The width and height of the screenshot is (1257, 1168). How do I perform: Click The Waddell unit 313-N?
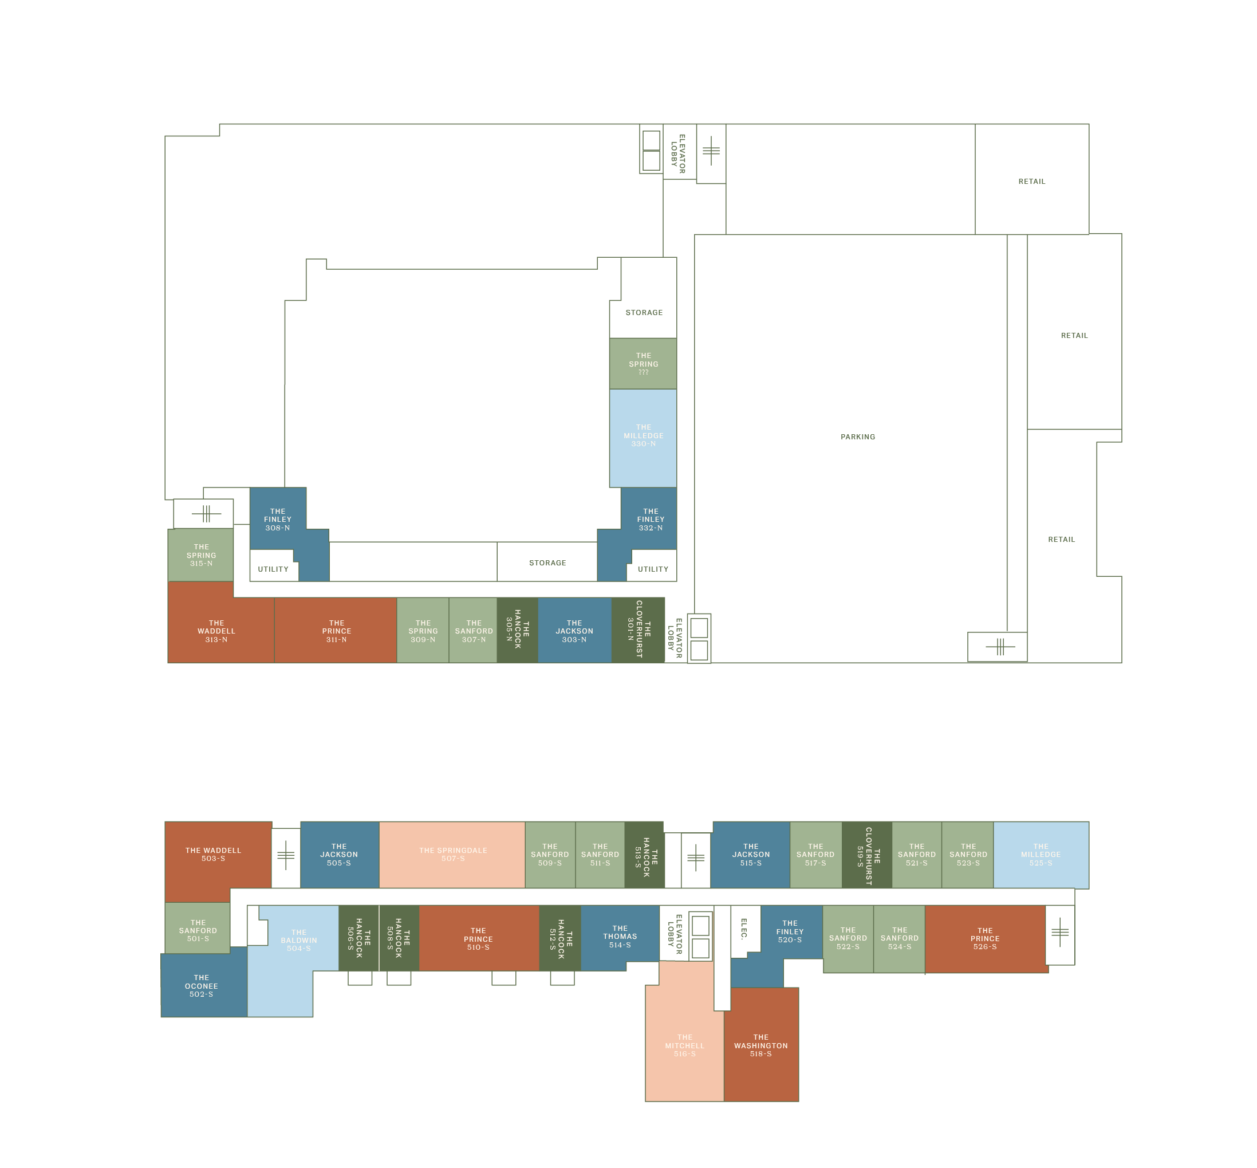point(216,631)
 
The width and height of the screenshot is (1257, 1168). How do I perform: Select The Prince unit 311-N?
point(336,631)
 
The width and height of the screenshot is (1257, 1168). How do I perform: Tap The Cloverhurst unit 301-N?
point(638,630)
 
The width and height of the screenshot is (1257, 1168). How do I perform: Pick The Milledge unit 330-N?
point(643,436)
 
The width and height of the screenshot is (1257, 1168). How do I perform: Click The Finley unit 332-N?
point(651,520)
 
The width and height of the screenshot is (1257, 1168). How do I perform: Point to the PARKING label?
point(858,436)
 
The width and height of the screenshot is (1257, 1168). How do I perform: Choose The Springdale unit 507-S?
point(452,855)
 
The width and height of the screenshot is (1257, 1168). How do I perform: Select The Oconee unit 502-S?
point(201,986)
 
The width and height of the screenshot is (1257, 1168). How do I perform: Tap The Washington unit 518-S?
point(760,1045)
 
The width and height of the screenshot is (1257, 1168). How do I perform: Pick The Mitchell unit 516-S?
point(684,1045)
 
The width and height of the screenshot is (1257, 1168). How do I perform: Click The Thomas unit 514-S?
point(619,937)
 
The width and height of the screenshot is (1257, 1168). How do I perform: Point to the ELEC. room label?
point(744,929)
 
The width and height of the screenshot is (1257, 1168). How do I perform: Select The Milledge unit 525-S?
point(1040,855)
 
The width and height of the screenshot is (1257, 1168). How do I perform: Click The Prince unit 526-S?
point(984,938)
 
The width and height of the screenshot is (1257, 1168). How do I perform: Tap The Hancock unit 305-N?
point(517,630)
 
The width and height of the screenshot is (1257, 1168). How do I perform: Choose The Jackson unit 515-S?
point(751,855)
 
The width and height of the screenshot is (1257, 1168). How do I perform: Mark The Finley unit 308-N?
point(277,520)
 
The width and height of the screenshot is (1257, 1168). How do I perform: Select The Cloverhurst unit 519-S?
point(867,855)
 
